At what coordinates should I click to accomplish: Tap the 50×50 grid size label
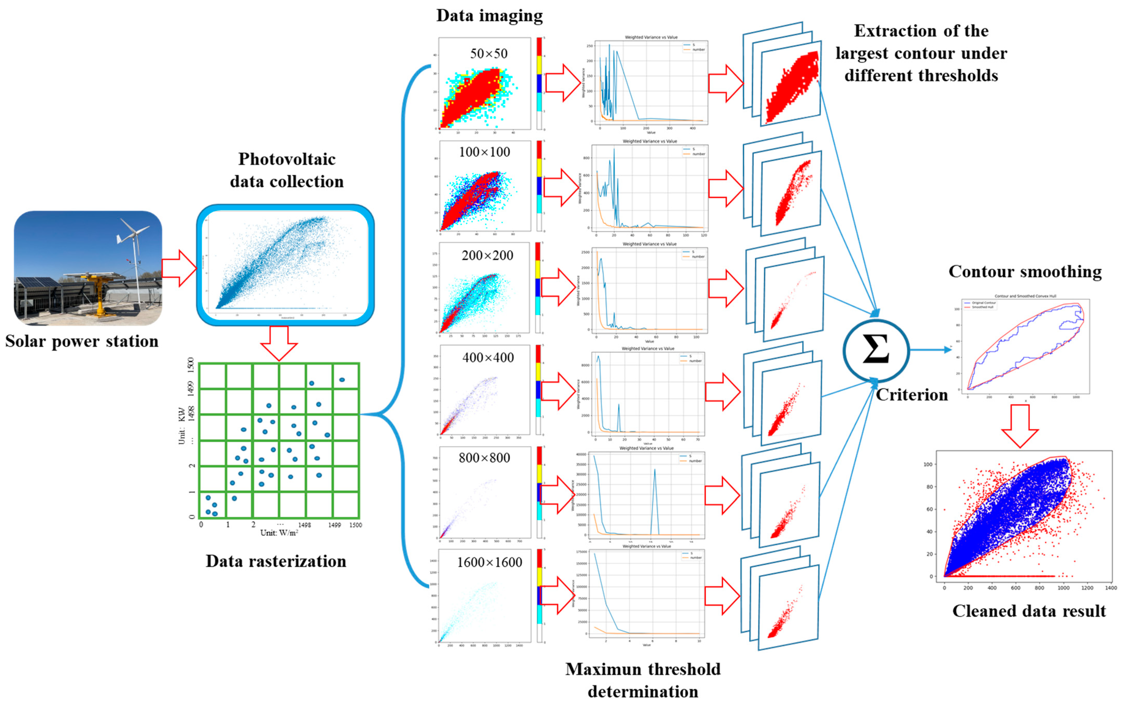488,54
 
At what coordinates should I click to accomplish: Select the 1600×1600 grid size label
489,562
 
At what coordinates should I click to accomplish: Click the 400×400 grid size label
488,358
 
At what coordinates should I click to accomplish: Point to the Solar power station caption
82,341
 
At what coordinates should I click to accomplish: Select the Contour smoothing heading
1025,272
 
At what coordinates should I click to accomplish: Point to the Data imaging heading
489,16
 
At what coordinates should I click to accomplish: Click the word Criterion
911,395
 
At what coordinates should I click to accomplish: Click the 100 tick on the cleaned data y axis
928,465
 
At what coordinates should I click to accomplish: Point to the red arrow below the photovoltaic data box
279,343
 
